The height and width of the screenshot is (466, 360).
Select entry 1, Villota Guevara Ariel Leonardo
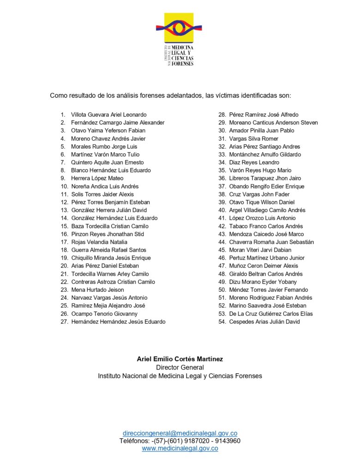[x=108, y=115]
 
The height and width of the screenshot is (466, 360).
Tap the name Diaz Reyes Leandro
[x=254, y=163]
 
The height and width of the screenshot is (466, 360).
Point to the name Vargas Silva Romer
[x=254, y=139]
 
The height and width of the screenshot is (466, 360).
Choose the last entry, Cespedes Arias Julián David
[x=264, y=321]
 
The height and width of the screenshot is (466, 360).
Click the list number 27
[x=64, y=321]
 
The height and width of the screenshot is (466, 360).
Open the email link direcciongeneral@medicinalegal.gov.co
[x=180, y=433]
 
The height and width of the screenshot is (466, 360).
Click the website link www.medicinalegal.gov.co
[x=180, y=448]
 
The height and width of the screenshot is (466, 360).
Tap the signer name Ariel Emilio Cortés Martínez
[x=180, y=359]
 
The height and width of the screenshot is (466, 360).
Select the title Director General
[x=180, y=367]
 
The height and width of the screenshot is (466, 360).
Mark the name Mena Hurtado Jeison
[x=97, y=290]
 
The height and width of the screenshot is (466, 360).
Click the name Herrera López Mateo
[x=97, y=178]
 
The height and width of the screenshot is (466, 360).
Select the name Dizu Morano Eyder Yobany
[x=263, y=282]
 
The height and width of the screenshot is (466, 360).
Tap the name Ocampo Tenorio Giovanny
[x=104, y=314]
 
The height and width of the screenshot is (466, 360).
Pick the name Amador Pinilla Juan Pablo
[x=262, y=131]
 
